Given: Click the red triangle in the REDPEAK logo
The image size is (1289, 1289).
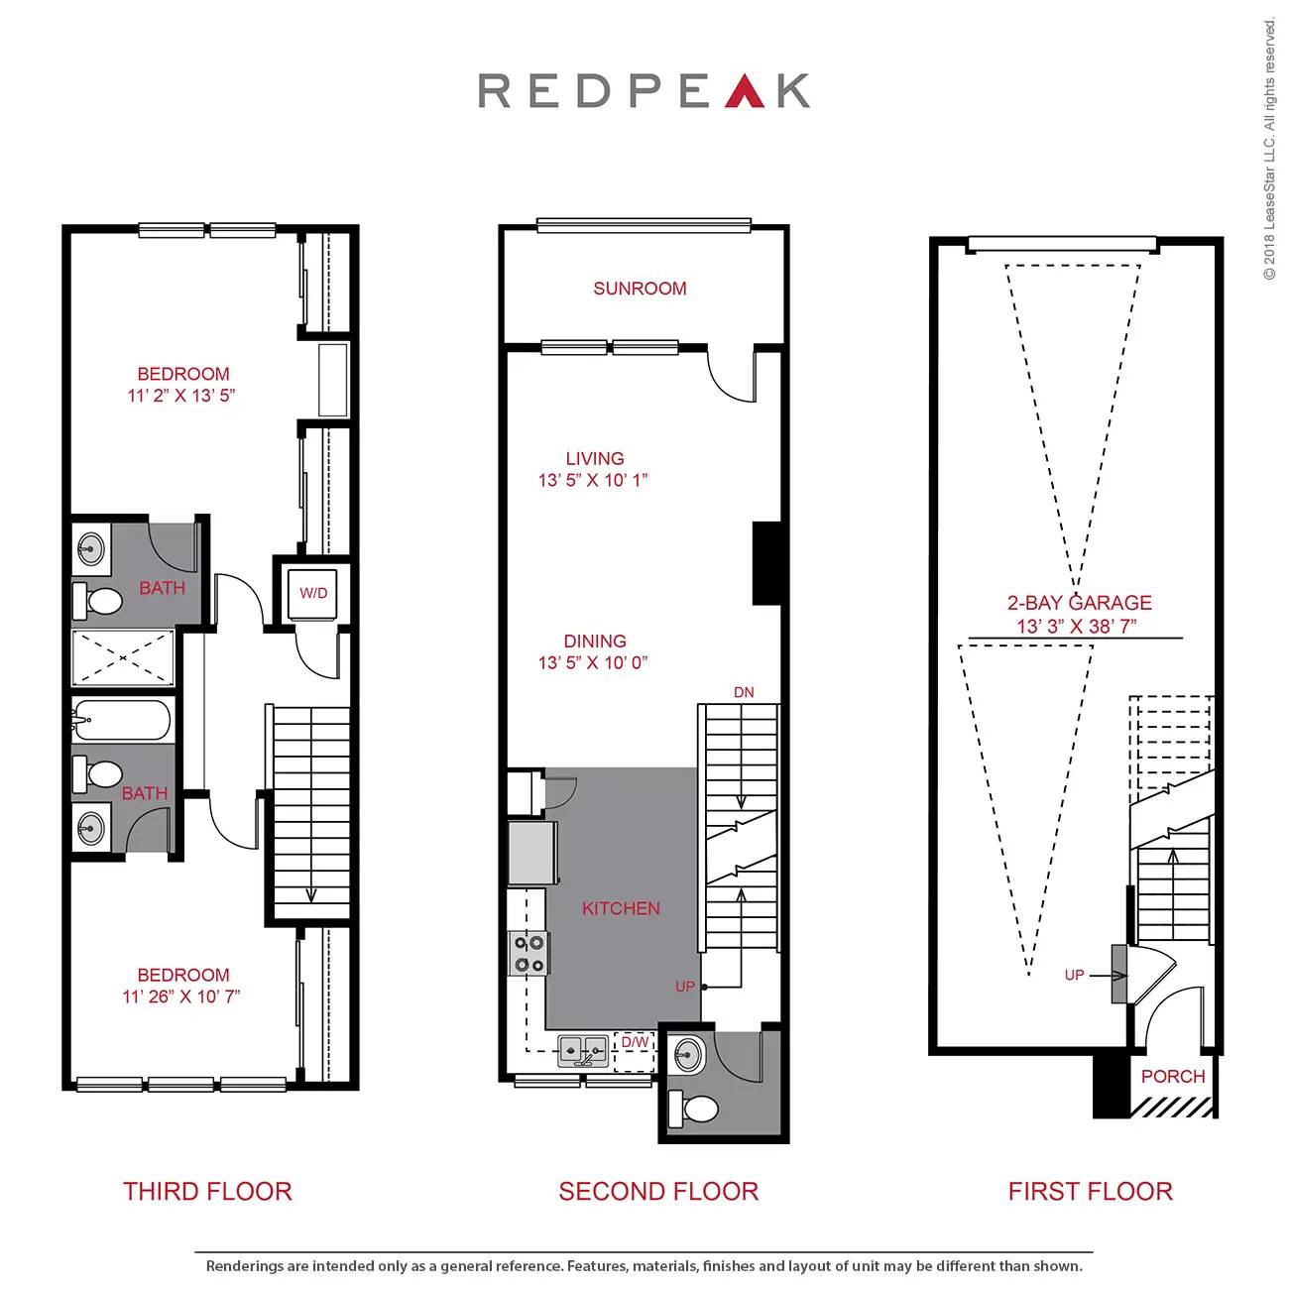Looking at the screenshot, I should pos(745,91).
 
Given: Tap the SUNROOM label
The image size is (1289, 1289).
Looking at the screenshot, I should pos(640,289).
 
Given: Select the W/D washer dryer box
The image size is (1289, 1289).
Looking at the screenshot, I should pos(313,593).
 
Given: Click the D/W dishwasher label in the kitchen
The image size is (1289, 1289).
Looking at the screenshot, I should pos(635,1043).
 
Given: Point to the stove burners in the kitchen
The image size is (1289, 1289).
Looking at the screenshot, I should pos(527,953).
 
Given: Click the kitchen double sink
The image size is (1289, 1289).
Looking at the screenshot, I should pos(583,1049).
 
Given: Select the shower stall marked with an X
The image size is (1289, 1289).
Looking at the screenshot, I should pos(123,657).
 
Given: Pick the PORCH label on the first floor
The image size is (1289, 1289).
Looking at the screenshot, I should pos(1173,1077).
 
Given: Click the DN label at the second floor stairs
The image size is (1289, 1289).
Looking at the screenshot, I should pos(744,692).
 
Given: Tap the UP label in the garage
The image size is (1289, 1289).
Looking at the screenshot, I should pos(1074,976).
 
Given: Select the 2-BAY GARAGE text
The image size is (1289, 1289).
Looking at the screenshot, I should pos(1079,603).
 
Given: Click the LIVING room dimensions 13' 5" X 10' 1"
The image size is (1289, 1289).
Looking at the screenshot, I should pos(593,481).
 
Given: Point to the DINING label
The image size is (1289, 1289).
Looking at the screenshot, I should pos(595,642).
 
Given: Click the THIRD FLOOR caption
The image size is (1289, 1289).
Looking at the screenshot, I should pos(207,1192).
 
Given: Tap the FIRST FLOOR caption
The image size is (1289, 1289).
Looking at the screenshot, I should pos(1090,1192).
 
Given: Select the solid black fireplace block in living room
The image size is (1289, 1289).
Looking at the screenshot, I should pos(766,562).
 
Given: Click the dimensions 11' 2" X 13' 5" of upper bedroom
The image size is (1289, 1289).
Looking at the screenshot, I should pos(181,396).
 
